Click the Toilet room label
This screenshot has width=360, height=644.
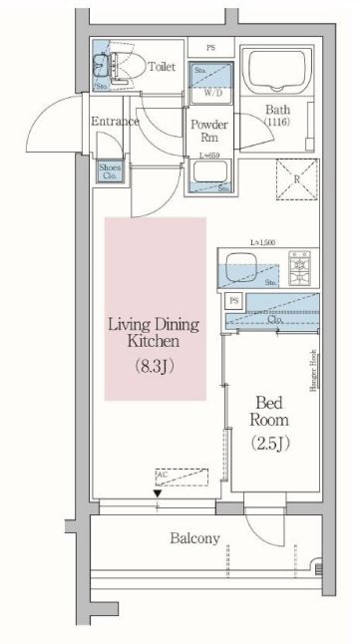pyautogui.click(x=162, y=68)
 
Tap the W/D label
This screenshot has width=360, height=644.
pyautogui.click(x=213, y=93)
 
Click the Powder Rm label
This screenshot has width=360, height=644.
pyautogui.click(x=210, y=131)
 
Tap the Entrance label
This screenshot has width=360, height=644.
pyautogui.click(x=114, y=122)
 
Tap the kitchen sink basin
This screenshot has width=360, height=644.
pyautogui.click(x=241, y=266)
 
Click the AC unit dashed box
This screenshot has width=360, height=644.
pyautogui.click(x=181, y=479)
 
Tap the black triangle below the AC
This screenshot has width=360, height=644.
pyautogui.click(x=157, y=492)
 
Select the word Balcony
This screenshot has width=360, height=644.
pyautogui.click(x=194, y=538)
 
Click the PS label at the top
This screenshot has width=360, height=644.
pyautogui.click(x=211, y=47)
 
